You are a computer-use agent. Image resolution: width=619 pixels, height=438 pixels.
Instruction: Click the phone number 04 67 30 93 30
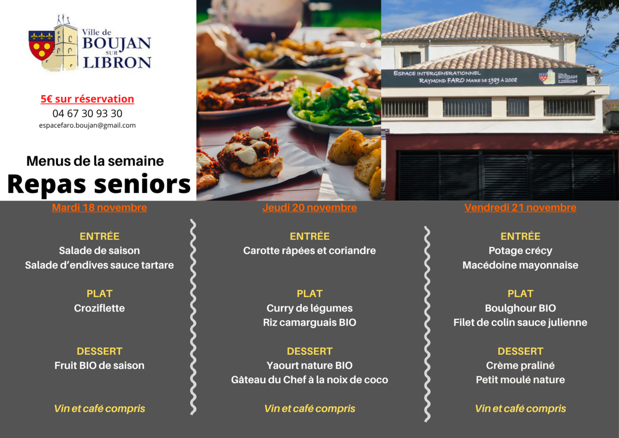pyautogui.click(x=87, y=114)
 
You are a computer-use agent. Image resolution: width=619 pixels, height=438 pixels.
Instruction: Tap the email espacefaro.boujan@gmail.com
pyautogui.click(x=87, y=126)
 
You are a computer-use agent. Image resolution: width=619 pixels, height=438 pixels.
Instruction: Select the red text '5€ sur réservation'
pyautogui.click(x=87, y=99)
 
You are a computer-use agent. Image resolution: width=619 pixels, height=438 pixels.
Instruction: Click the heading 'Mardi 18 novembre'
pyautogui.click(x=100, y=208)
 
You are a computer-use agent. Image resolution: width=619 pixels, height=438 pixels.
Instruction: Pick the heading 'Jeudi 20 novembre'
pyautogui.click(x=309, y=208)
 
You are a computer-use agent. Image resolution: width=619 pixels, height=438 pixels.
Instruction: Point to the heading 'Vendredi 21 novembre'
pyautogui.click(x=520, y=208)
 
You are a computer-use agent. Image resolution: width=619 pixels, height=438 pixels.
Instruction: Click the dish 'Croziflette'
pyautogui.click(x=100, y=308)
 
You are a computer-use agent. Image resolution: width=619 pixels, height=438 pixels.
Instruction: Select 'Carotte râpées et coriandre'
pyautogui.click(x=309, y=251)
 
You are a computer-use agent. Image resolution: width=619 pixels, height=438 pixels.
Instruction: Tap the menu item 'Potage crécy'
pyautogui.click(x=520, y=251)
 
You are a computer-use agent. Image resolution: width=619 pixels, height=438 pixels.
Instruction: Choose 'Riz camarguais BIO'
pyautogui.click(x=309, y=323)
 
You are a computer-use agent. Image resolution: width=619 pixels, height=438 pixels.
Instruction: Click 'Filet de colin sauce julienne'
pyautogui.click(x=520, y=322)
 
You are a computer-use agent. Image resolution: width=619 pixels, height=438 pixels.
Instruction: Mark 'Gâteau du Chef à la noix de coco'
pyautogui.click(x=309, y=380)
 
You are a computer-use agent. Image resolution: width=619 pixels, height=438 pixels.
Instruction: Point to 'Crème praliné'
pyautogui.click(x=520, y=366)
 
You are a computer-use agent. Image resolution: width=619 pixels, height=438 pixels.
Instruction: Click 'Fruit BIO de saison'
pyautogui.click(x=100, y=366)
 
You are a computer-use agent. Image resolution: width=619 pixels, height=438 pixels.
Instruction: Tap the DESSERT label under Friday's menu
pyautogui.click(x=520, y=351)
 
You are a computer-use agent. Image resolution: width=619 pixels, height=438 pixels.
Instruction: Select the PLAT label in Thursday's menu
pyautogui.click(x=309, y=293)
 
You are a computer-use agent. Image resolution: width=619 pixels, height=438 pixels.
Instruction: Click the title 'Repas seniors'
pyautogui.click(x=99, y=184)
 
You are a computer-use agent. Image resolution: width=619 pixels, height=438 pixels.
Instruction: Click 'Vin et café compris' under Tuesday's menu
pyautogui.click(x=100, y=409)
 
